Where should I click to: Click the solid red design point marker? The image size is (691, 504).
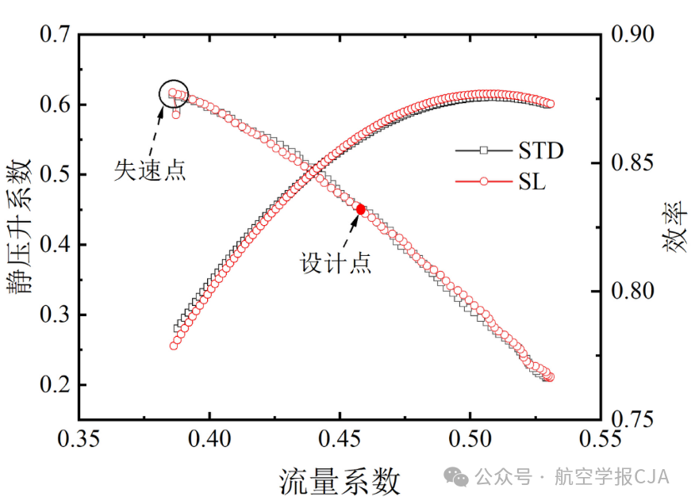(x=360, y=209)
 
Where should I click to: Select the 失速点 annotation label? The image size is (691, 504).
(x=150, y=170)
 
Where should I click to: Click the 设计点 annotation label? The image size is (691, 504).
(x=336, y=263)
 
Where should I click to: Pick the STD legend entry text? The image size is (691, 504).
(x=541, y=151)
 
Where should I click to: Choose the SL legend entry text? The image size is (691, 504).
(x=532, y=181)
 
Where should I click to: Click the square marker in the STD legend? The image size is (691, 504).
(x=484, y=151)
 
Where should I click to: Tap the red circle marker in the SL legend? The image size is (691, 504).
(x=484, y=181)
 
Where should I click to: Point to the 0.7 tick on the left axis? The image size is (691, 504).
(x=55, y=34)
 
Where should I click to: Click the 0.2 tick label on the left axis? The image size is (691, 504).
(x=55, y=384)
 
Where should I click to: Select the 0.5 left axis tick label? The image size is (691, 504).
(x=55, y=174)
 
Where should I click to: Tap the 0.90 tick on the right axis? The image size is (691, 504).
(x=632, y=34)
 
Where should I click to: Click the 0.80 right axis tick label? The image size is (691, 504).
(x=632, y=291)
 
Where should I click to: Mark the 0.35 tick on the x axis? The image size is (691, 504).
(x=79, y=438)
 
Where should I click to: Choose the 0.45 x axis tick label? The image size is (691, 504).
(x=340, y=438)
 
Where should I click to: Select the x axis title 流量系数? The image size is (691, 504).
(x=340, y=481)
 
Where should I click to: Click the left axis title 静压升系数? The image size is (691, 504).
(x=20, y=227)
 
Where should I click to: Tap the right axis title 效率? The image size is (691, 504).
(x=674, y=227)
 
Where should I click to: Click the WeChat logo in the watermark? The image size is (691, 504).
(x=455, y=477)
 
